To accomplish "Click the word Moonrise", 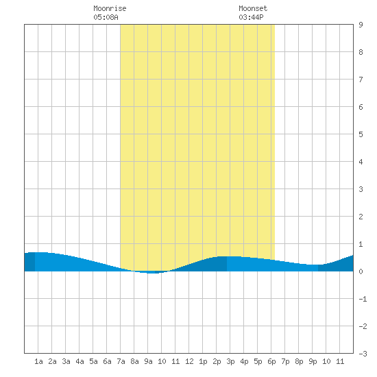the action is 110,8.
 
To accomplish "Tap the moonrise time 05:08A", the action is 106,17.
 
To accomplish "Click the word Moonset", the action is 253,8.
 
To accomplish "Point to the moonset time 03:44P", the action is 251,17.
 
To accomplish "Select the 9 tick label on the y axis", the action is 361,25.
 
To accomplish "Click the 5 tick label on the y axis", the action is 361,134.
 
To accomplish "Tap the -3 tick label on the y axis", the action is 363,354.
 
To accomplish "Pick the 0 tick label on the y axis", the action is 361,271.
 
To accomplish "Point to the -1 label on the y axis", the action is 363,299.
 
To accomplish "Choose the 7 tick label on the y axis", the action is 361,80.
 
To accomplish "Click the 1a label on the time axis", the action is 38,361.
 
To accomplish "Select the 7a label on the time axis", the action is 121,361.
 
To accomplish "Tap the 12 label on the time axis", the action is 189,361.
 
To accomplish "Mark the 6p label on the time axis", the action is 271,361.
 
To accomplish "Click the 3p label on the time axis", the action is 230,361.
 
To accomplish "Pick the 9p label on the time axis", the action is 313,361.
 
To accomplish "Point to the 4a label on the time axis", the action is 80,361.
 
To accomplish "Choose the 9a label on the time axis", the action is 148,361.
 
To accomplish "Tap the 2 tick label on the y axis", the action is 361,217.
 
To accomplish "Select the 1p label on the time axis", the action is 203,361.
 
